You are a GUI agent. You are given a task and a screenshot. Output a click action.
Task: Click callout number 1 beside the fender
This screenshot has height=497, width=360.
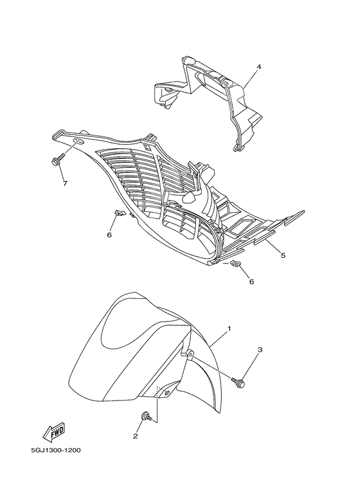[x=229, y=330]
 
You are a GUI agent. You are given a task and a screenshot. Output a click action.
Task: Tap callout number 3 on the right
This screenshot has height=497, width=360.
[x=260, y=350]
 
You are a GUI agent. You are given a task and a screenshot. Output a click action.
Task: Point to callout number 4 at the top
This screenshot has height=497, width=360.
[x=259, y=67]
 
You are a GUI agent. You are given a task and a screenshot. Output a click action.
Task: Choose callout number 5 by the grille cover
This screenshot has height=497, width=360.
[x=283, y=255]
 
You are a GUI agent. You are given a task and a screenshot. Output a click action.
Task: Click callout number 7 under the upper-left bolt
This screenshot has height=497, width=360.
[x=65, y=183]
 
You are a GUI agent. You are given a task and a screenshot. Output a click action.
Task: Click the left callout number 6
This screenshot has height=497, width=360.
[x=109, y=235]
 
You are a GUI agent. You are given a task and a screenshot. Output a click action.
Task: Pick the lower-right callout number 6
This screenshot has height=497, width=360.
[x=251, y=282]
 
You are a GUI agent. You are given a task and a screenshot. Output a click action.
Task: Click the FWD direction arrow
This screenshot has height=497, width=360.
[x=54, y=432]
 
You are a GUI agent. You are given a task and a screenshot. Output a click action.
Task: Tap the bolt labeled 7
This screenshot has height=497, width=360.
[x=57, y=159]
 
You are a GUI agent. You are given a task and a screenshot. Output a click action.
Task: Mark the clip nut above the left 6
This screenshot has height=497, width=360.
[x=119, y=213]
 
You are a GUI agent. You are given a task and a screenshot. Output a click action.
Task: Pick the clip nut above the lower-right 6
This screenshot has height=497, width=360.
[x=235, y=264]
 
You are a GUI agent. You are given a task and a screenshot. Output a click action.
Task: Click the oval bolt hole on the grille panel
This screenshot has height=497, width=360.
[x=78, y=141]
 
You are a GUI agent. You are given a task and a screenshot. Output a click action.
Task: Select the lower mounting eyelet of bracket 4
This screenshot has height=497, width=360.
[x=236, y=148]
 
